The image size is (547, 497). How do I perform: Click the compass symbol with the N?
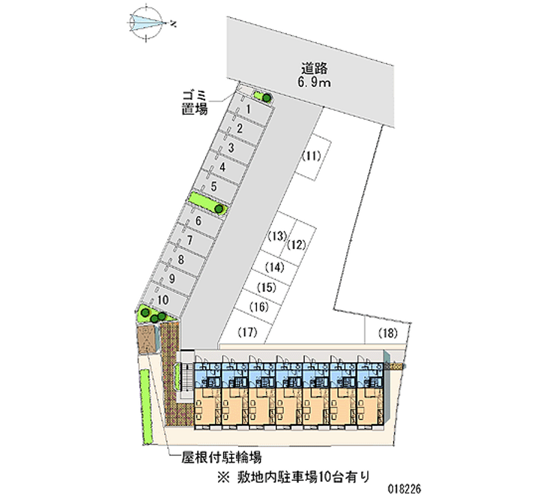(x=149, y=23)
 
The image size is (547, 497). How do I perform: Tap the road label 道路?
(x=315, y=68)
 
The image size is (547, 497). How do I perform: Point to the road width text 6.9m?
(x=315, y=83)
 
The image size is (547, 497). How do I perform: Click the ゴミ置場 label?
(x=194, y=102)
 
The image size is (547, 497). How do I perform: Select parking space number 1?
(x=249, y=109)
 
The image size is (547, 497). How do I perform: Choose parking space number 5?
(x=214, y=186)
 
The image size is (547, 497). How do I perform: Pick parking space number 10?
(x=162, y=299)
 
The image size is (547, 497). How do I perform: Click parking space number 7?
(x=189, y=241)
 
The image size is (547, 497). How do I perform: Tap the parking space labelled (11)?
(x=310, y=156)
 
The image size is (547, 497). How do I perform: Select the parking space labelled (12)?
(x=296, y=244)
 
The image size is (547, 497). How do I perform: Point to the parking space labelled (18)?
(x=388, y=334)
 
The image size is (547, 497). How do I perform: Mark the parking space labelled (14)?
(x=275, y=267)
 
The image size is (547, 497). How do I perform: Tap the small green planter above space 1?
(x=261, y=96)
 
